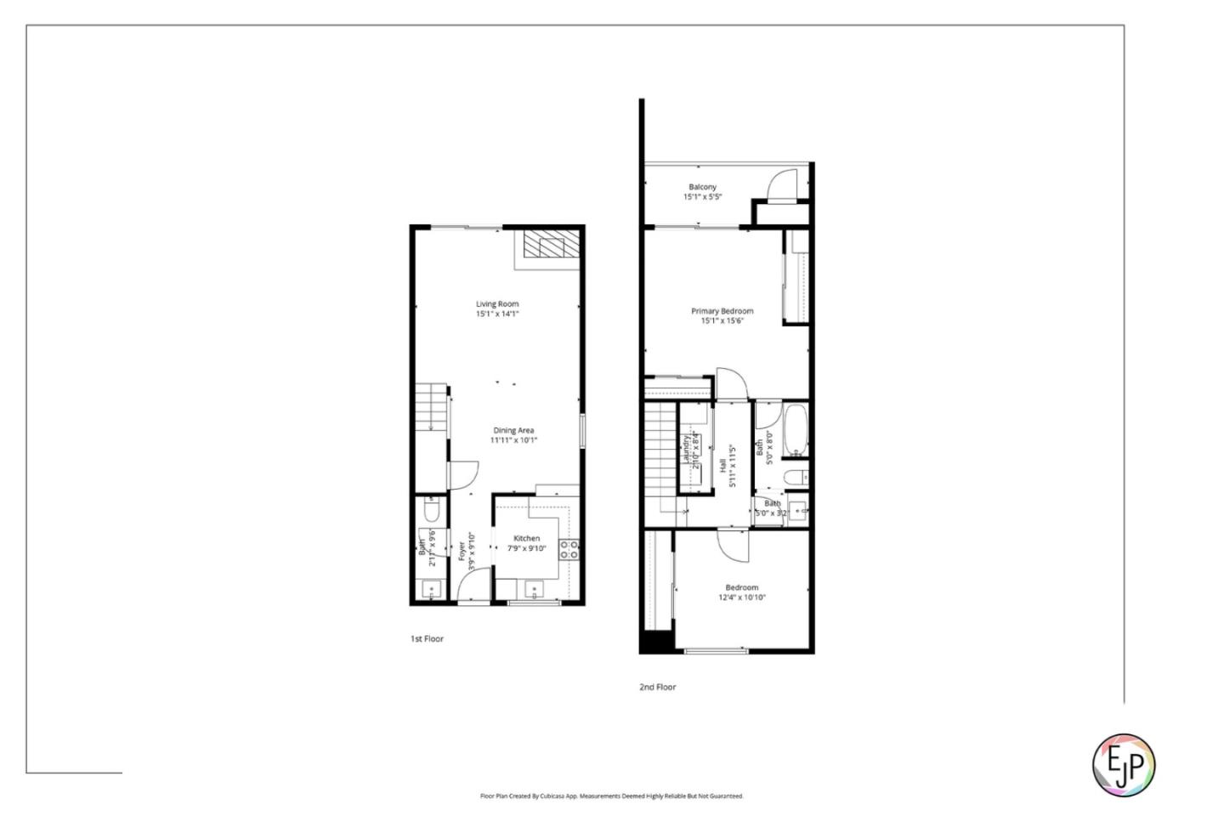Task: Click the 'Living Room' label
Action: pos(496,303)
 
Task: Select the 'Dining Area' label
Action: pos(513,430)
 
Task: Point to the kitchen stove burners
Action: pos(569,549)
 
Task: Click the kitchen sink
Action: pos(534,587)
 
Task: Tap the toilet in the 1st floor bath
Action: pos(431,511)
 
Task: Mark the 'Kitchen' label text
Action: pos(526,538)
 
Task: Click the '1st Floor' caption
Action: pos(427,638)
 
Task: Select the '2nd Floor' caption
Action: pos(657,687)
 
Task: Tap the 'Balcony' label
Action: pos(702,187)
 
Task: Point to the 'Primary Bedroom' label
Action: pos(722,311)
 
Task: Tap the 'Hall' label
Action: pos(722,466)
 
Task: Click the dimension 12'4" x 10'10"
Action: pos(742,598)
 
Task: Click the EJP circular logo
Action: pos(1123,764)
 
